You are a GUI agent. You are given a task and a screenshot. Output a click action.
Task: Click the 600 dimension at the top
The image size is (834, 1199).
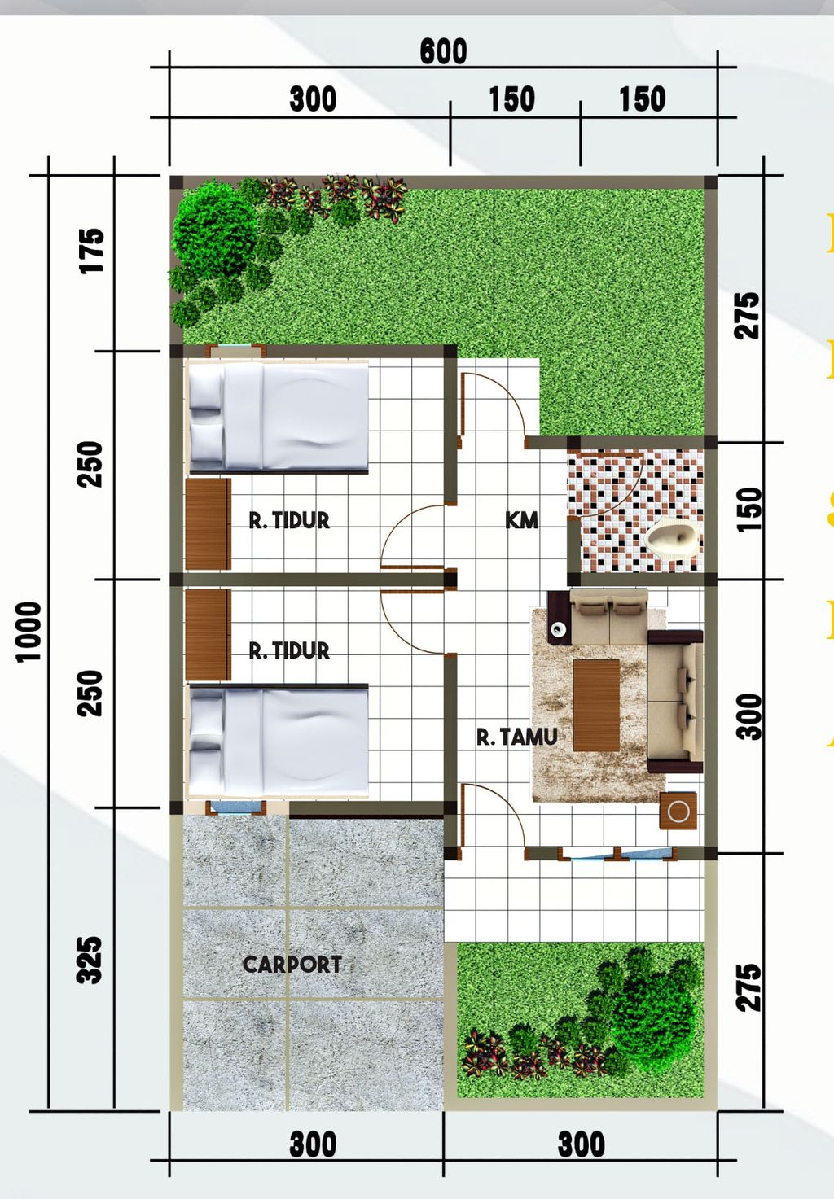click(444, 52)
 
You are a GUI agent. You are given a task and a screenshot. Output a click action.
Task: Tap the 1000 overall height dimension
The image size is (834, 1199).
click(29, 632)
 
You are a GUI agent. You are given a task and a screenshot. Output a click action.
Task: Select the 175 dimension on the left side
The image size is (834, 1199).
click(92, 251)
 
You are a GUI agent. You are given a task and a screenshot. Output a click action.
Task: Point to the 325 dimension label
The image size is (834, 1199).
click(90, 960)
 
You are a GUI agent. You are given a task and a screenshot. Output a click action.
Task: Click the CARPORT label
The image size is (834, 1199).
click(292, 965)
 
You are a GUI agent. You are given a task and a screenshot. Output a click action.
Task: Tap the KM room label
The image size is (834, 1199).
click(521, 520)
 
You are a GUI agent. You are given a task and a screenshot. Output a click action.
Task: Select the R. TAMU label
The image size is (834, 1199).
click(517, 737)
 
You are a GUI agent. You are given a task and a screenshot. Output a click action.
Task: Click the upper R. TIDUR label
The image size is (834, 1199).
click(289, 520)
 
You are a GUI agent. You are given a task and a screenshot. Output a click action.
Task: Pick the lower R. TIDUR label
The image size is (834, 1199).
click(289, 650)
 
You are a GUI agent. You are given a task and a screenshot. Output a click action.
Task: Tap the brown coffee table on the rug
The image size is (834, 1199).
click(596, 705)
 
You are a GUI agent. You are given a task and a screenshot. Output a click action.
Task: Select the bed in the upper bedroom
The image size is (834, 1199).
click(278, 417)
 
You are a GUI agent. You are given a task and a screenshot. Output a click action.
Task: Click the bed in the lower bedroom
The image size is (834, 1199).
click(278, 740)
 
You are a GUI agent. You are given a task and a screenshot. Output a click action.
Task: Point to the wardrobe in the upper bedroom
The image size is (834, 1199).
click(208, 523)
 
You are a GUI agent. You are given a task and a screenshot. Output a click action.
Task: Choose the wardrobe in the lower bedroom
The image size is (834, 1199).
click(208, 635)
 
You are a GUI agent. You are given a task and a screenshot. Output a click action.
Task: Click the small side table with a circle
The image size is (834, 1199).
click(678, 811)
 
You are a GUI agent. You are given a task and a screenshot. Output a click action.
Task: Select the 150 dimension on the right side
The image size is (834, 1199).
click(748, 510)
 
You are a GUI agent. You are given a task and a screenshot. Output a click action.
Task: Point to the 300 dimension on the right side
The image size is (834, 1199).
click(748, 716)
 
